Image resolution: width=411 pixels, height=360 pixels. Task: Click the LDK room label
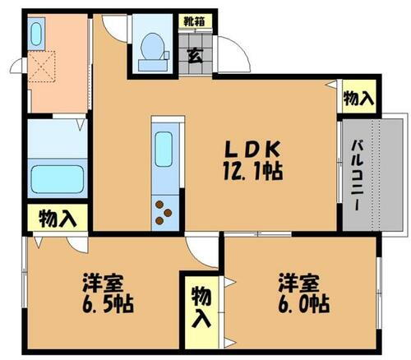pyautogui.click(x=255, y=150)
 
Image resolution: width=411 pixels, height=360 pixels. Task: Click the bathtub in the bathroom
pyautogui.click(x=57, y=177)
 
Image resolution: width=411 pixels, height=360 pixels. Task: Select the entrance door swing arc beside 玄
pyautogui.click(x=233, y=58)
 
